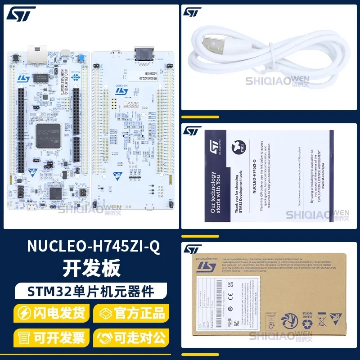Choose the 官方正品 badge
[x=130, y=312]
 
